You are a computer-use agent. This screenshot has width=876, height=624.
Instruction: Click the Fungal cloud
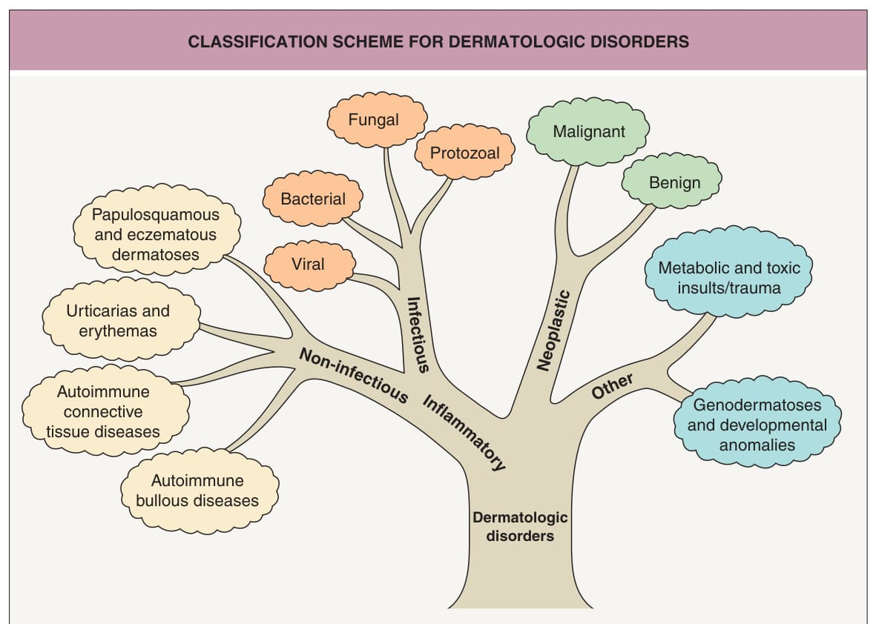coord(377,120)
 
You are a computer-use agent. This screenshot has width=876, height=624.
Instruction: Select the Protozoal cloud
coord(464,153)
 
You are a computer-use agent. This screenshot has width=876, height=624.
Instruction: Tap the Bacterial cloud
coord(313,199)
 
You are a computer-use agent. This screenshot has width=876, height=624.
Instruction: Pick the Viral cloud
coord(309,265)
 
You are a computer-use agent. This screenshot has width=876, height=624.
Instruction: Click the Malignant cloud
coord(587,132)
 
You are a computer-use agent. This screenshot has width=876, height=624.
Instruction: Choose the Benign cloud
coord(671,181)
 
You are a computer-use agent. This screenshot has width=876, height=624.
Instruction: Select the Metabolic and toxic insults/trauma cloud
coord(728,273)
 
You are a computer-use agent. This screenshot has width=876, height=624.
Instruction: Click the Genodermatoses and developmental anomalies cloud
coord(757,424)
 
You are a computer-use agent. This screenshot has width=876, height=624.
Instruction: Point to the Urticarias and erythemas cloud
coord(121,319)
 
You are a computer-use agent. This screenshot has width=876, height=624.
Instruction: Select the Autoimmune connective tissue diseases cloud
coord(105,411)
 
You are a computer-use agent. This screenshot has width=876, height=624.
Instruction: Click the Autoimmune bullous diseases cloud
coord(200,490)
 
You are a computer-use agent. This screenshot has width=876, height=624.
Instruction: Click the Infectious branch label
coord(418,334)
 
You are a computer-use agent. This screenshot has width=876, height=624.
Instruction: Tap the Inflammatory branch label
coord(464,433)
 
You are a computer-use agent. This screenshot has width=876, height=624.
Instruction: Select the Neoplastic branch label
coord(553,331)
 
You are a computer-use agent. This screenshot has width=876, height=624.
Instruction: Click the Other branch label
coord(612,386)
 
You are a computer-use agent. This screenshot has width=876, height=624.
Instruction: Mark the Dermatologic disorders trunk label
coord(520,526)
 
